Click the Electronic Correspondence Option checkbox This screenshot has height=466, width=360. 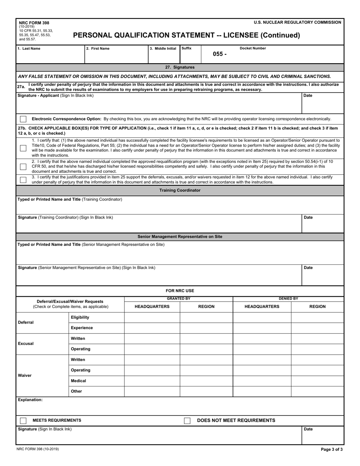23,119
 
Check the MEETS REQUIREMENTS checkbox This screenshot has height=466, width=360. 23,421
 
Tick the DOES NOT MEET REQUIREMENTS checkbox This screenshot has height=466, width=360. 187,421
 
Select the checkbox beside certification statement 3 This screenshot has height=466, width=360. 23,180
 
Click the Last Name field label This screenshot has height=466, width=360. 29,48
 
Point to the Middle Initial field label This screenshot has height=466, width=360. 163,48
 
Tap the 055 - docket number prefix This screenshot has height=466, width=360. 219,54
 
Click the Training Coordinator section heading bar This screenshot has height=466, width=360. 180,190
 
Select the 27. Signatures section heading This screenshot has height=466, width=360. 180,67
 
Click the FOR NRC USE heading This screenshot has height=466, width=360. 180,291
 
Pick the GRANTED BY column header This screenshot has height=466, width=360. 178,299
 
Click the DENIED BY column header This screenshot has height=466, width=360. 288,299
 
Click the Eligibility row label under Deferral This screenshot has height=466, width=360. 80,317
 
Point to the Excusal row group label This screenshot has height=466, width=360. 26,344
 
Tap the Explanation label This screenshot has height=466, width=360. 30,400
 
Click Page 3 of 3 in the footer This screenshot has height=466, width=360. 332,449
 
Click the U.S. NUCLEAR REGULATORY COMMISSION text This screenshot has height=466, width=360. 297,22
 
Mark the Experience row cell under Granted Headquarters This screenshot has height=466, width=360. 152,328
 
